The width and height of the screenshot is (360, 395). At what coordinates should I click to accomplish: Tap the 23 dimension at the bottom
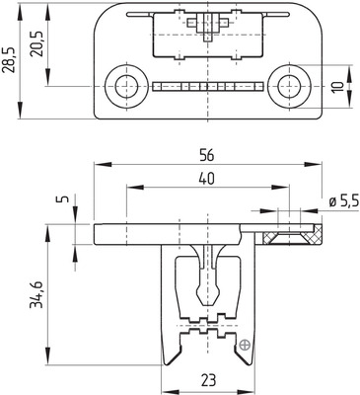coord(208,380)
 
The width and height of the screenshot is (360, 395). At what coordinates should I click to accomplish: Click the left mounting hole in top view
coord(126,87)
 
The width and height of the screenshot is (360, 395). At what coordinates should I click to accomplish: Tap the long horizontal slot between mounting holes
coord(208,87)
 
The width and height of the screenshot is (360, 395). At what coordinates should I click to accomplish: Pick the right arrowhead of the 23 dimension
coord(252,389)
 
